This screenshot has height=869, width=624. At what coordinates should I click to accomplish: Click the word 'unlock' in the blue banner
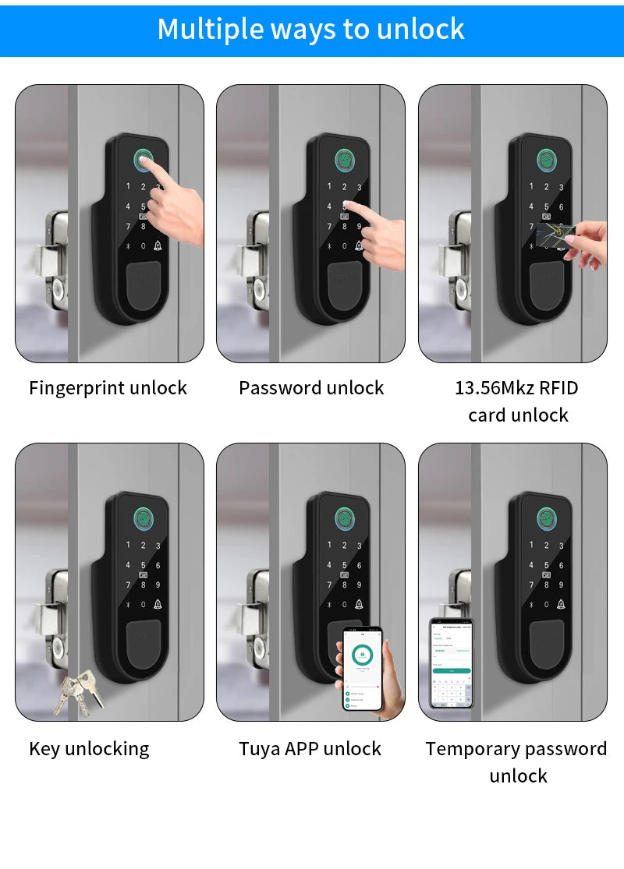coord(420,29)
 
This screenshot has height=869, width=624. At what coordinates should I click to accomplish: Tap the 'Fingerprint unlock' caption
coord(108,388)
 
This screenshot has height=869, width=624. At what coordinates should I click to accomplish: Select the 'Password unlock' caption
coord(311,388)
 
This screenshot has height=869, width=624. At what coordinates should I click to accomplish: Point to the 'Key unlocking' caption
coord(89,749)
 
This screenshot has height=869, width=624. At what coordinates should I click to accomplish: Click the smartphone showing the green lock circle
coord(363,668)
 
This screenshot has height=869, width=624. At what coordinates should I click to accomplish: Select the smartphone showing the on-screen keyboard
coord(452,662)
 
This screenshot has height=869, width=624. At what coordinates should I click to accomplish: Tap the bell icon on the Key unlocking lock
coord(158,604)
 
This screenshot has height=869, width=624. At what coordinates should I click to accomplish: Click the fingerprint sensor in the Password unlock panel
coord(345,160)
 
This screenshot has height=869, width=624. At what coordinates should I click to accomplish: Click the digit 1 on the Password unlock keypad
coord(328,187)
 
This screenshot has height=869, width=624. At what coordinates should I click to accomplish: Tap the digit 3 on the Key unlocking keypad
coord(158,546)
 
